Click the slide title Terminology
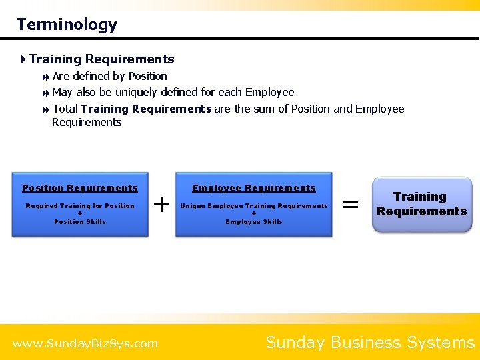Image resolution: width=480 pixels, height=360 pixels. pos(67,25)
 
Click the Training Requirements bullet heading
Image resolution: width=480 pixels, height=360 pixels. pos(101,59)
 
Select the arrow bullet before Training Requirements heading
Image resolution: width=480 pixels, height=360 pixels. pos(23,59)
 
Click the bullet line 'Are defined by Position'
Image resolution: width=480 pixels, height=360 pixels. pos(109,76)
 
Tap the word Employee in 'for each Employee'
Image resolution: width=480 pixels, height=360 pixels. pos(269,92)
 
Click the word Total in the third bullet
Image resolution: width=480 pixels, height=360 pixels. pos(65,109)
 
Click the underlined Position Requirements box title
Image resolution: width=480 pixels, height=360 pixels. pos(80,188)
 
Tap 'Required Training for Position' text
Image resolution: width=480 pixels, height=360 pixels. pos(80,206)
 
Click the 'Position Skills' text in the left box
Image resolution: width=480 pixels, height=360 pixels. pos(80,222)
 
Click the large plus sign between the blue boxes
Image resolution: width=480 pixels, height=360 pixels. pos(161,203)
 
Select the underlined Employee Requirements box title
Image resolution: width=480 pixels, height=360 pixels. pos(254,188)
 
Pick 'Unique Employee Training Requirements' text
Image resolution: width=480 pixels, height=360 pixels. pos(254,206)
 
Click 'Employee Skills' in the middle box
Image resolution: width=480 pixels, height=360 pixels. pos(254,222)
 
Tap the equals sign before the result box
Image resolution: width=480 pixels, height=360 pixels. pos(350,204)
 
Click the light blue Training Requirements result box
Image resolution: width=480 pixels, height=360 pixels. pos(421,204)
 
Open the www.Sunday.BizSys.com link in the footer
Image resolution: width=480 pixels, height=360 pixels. pos(85,343)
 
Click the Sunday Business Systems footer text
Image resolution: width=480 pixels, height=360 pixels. pos(370,342)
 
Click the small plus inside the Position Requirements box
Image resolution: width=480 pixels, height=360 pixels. pos(80,214)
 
